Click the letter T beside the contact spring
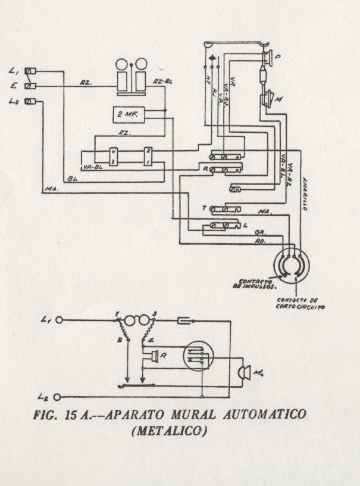click(x=204, y=208)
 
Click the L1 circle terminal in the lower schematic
click(x=59, y=320)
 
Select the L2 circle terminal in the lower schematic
click(x=59, y=396)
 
